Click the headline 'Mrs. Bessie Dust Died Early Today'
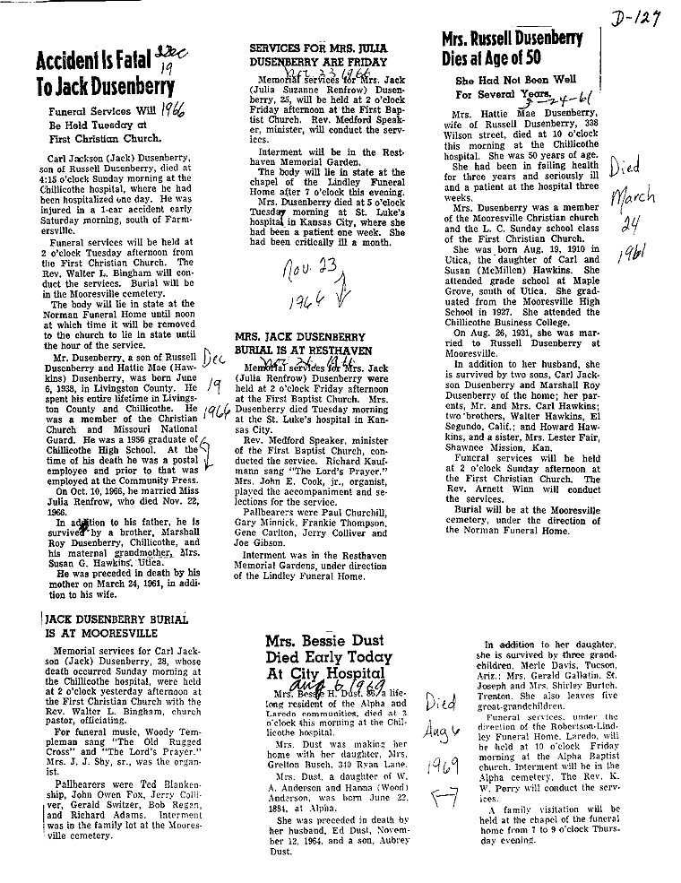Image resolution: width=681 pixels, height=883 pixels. pos(329,658)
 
